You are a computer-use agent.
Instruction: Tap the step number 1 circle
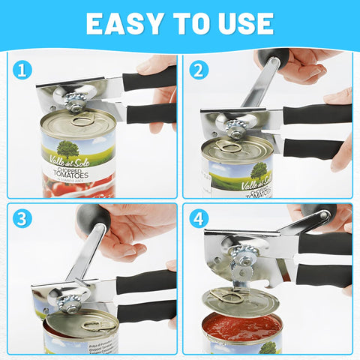pyautogui.click(x=24, y=70)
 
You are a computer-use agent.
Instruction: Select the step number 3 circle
pyautogui.click(x=24, y=220)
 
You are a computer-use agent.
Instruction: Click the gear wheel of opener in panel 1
pyautogui.click(x=75, y=99)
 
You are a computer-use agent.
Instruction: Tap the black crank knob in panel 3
pyautogui.click(x=93, y=217)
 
